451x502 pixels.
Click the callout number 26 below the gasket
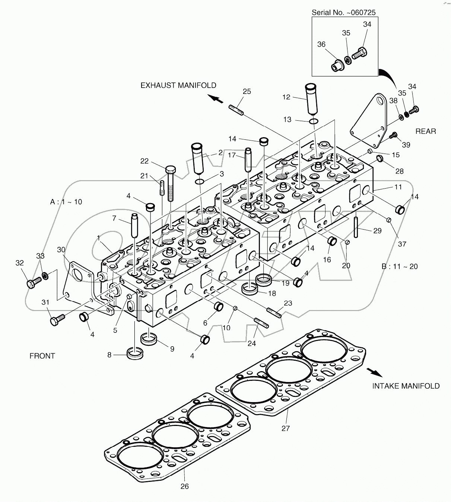coord(185,486)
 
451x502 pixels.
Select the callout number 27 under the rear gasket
coord(285,428)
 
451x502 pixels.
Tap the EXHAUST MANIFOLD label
coord(178,85)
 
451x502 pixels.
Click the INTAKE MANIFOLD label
coord(406,386)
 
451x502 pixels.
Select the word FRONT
coord(42,356)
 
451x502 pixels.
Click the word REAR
coord(426,131)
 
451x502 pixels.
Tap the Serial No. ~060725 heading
coord(343,12)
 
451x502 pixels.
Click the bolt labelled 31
coord(57,320)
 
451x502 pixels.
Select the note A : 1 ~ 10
coord(66,202)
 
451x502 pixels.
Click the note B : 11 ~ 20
coord(399,266)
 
